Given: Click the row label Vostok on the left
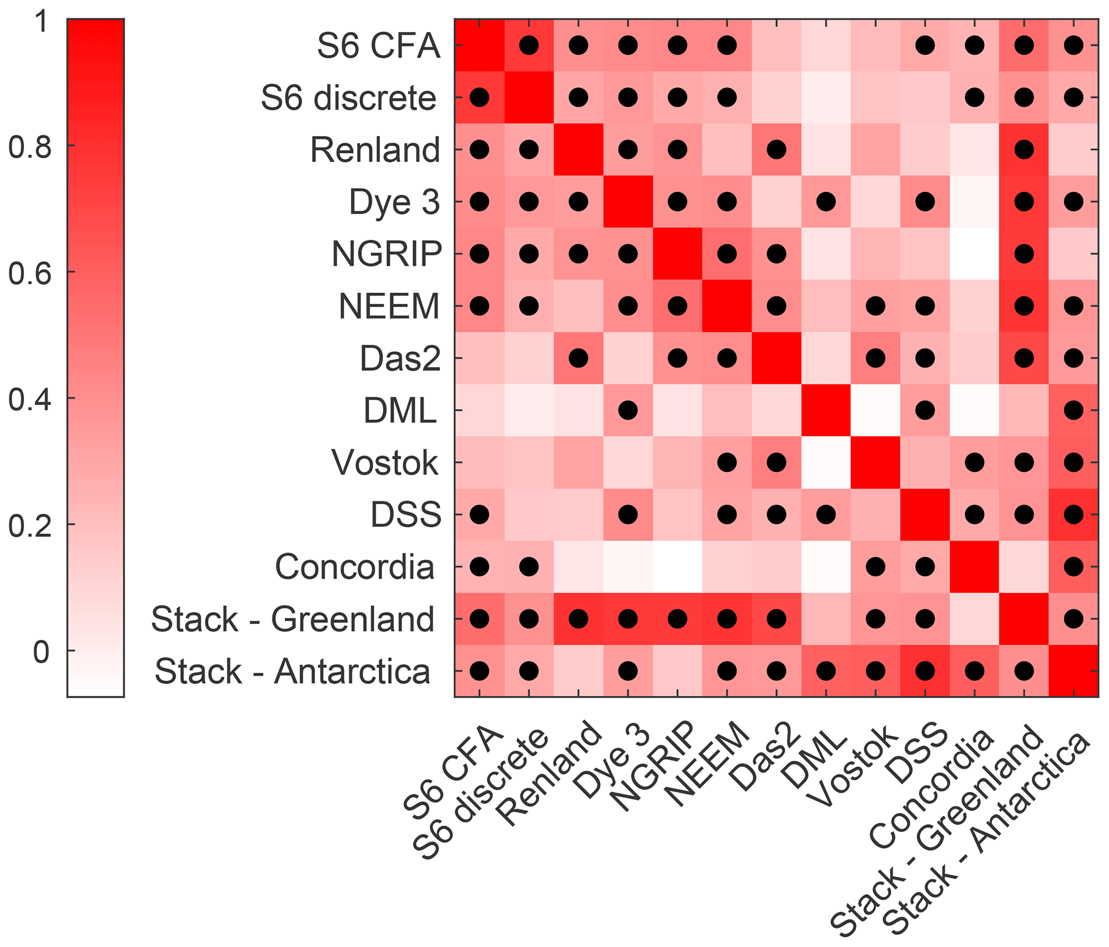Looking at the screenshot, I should [385, 462].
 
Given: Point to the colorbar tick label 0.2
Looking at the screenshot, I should [30, 525].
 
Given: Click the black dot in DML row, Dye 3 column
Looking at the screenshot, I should [628, 410].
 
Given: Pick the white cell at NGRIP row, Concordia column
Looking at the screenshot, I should [974, 254].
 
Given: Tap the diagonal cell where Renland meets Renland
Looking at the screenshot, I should [578, 150].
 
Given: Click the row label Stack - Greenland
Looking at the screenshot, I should [292, 619].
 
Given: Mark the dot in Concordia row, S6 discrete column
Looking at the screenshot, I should [529, 566].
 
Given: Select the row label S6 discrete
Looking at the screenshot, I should [349, 98].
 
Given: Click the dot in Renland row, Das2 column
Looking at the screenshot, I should [776, 150].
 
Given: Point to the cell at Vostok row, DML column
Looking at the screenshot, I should [826, 462].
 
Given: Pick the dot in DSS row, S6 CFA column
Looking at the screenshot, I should [479, 514].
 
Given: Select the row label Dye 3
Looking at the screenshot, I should [394, 202].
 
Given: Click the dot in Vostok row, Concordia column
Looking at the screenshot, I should [974, 462].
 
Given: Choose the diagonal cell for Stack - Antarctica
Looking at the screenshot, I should [1073, 670].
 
